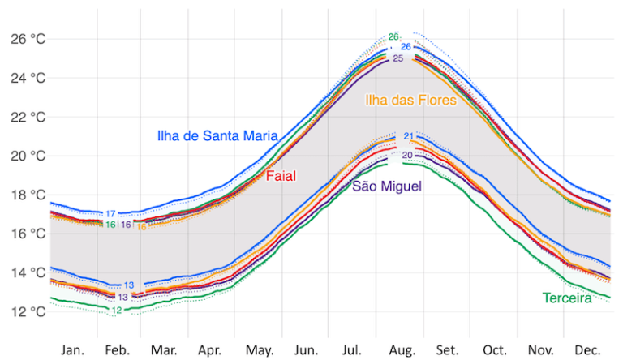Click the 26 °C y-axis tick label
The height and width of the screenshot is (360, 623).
(28, 39)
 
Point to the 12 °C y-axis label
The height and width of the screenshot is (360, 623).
(28, 311)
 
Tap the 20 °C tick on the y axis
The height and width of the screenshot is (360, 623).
(28, 156)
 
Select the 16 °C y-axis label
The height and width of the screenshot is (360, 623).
(28, 234)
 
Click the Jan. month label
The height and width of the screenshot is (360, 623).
(73, 349)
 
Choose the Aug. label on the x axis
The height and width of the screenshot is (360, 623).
(402, 349)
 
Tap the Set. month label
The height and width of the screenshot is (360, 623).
(447, 349)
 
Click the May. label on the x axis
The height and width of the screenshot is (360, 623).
(260, 349)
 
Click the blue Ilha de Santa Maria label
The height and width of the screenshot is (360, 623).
(217, 136)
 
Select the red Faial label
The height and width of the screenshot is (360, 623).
(281, 176)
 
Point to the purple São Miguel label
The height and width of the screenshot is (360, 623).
(387, 187)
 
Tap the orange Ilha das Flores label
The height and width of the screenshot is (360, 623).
(410, 101)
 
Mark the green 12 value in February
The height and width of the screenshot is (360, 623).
(117, 311)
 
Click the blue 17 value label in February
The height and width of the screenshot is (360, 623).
(110, 214)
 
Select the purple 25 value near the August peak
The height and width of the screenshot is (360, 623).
(397, 59)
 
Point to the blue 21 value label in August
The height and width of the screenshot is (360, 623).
(409, 136)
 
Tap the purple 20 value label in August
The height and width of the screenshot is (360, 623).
(407, 155)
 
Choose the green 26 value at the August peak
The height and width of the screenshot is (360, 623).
(393, 37)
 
